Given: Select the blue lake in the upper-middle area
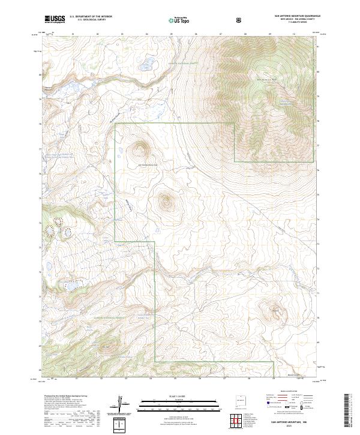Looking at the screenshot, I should [146, 62].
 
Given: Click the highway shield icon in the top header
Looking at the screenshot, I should [239, 20].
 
